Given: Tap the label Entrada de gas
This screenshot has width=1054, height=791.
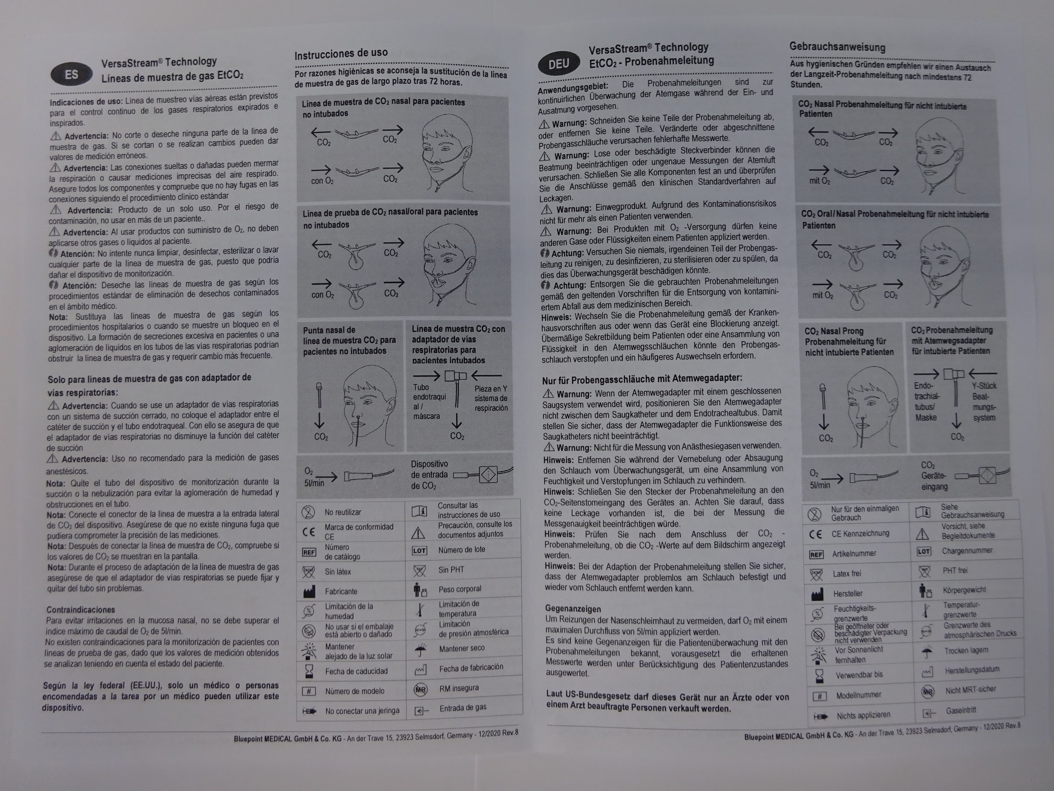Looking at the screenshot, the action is click(x=463, y=708).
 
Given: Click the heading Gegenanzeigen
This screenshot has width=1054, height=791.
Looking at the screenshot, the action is click(x=573, y=609).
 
